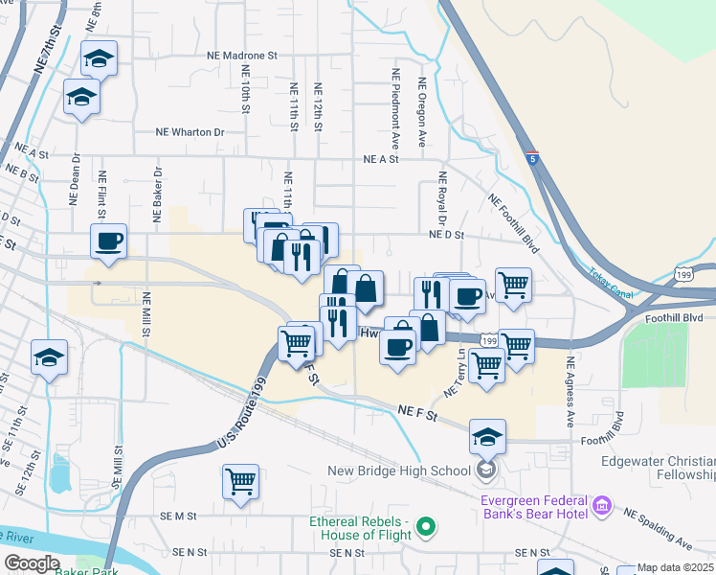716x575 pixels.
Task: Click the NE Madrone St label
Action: coord(241,57)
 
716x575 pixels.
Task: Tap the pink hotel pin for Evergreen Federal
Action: coord(601,504)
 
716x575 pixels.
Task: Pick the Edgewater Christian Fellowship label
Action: coord(659,468)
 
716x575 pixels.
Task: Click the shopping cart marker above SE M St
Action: coord(240,481)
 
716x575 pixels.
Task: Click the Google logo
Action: coord(32,563)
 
